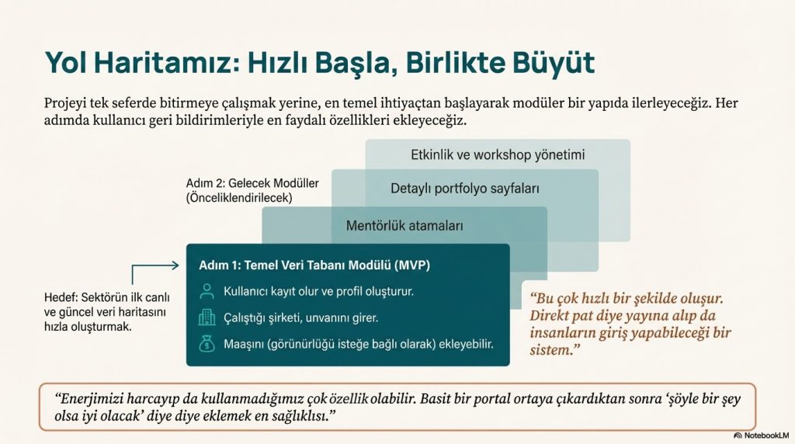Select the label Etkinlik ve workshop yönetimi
(x=498, y=154)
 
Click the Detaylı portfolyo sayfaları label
(x=465, y=189)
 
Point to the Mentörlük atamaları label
(x=404, y=226)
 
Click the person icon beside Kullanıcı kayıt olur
(x=207, y=291)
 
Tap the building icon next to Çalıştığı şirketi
(x=207, y=317)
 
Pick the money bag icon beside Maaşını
(x=207, y=344)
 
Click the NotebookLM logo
(x=762, y=435)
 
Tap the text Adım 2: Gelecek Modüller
(x=252, y=183)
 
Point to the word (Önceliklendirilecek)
(x=239, y=198)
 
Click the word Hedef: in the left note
(x=61, y=297)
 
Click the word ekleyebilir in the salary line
(x=466, y=344)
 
